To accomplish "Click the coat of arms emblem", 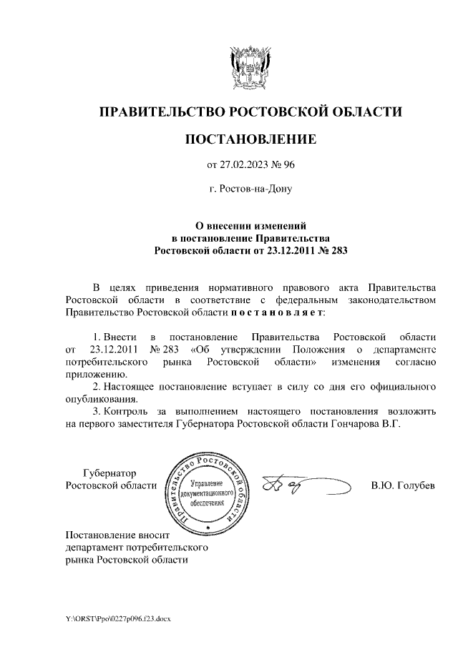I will pyautogui.click(x=250, y=69).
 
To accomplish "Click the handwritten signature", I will pyautogui.click(x=304, y=486).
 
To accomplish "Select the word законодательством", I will pyautogui.click(x=387, y=300).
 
